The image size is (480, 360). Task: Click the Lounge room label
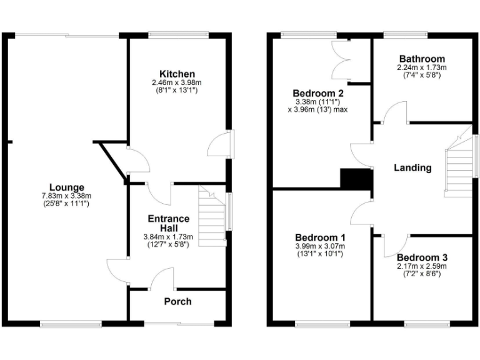pyautogui.click(x=67, y=187)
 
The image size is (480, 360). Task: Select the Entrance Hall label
pyautogui.click(x=168, y=223)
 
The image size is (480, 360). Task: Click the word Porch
pyautogui.click(x=177, y=302)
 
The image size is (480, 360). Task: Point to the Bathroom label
pyautogui.click(x=422, y=59)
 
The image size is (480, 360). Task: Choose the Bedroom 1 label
pyautogui.click(x=320, y=237)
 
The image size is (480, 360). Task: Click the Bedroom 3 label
pyautogui.click(x=422, y=257)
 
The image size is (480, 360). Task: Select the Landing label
pyautogui.click(x=412, y=167)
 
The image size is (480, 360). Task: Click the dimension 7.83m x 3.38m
pyautogui.click(x=67, y=196)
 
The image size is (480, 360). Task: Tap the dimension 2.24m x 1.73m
pyautogui.click(x=422, y=67)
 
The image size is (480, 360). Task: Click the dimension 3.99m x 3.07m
pyautogui.click(x=320, y=246)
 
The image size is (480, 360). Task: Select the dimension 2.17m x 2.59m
pyautogui.click(x=422, y=266)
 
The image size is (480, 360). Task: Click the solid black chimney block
pyautogui.click(x=356, y=178)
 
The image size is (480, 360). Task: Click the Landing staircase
pyautogui.click(x=457, y=164)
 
